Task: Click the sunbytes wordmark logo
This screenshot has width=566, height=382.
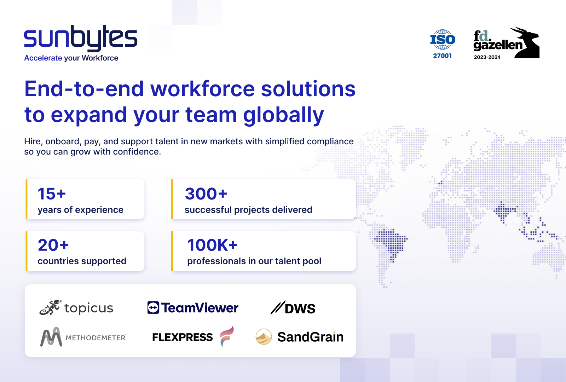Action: pyautogui.click(x=80, y=38)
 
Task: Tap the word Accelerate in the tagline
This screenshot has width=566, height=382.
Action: pyautogui.click(x=43, y=58)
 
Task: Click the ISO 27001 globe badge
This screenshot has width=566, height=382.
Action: pyautogui.click(x=442, y=40)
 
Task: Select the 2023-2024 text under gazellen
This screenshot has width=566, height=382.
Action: pyautogui.click(x=487, y=57)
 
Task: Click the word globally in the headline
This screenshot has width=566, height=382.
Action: pyautogui.click(x=283, y=115)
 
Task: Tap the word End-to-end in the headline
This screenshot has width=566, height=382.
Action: pyautogui.click(x=84, y=89)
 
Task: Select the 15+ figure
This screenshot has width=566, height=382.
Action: pyautogui.click(x=52, y=194)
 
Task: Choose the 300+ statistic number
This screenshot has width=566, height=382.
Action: pyautogui.click(x=206, y=194)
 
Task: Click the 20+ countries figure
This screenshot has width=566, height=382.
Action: pyautogui.click(x=53, y=245)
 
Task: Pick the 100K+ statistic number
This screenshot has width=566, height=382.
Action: pyautogui.click(x=212, y=245)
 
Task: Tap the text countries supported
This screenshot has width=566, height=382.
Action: pyautogui.click(x=82, y=261)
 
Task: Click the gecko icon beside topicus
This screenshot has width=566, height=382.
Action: pyautogui.click(x=50, y=307)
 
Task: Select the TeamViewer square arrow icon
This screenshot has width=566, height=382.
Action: pyautogui.click(x=153, y=308)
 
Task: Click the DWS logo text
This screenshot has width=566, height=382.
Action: pyautogui.click(x=299, y=309)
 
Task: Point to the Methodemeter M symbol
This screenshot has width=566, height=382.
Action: pyautogui.click(x=51, y=337)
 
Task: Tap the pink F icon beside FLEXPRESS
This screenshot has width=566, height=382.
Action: pyautogui.click(x=226, y=336)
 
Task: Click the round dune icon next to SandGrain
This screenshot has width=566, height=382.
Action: pyautogui.click(x=264, y=337)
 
